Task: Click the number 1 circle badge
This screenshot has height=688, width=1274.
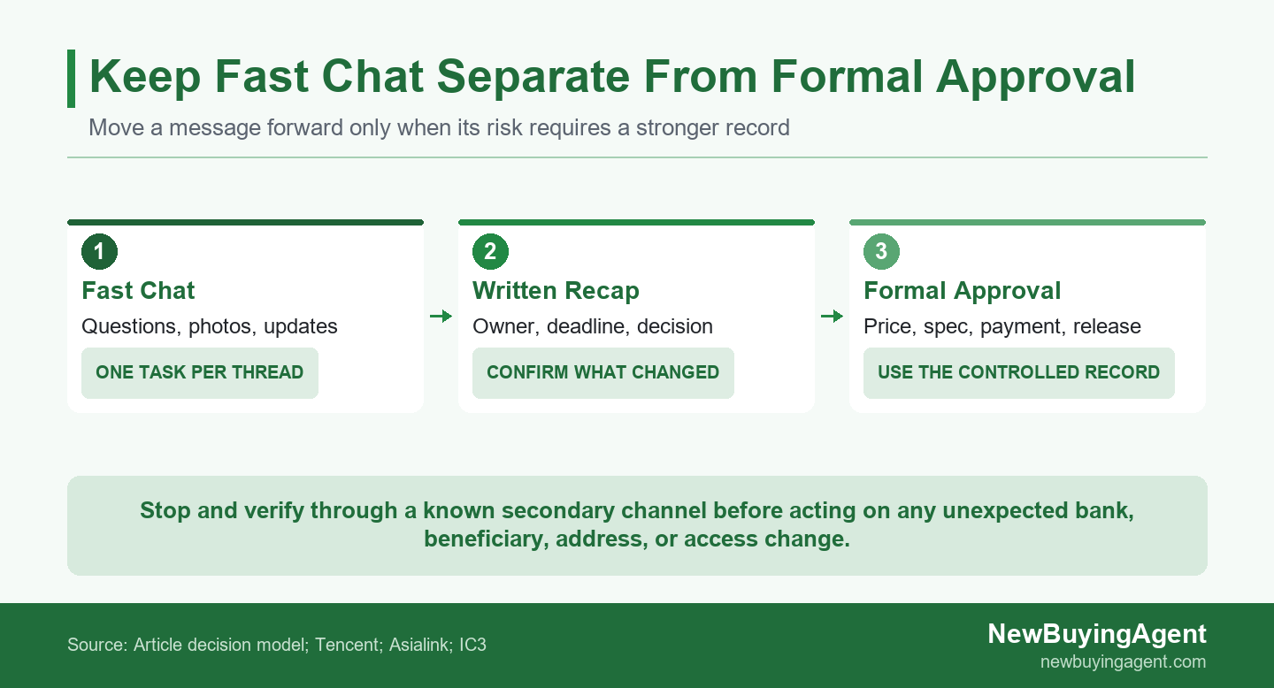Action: coord(99,251)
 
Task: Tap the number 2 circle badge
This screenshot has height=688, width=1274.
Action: coord(490,251)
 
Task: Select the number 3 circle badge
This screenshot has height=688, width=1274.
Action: coord(881,251)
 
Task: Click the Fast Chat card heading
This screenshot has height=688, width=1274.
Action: coord(138,291)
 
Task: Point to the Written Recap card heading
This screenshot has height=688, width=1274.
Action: coord(556,291)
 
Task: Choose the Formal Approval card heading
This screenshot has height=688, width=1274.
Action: coord(963,291)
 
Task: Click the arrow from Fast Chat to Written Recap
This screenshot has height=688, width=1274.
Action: coord(441,316)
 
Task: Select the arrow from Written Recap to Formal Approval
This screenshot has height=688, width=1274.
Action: coord(832,316)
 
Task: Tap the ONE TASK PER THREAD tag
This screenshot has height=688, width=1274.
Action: coord(200,372)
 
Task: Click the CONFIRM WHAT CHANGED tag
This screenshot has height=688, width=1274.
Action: coord(602,372)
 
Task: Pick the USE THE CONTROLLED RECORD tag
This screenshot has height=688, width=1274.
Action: coord(1018,372)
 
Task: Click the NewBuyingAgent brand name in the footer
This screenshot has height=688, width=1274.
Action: coord(1096,634)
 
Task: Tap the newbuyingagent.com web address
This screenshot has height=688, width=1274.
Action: coord(1124,661)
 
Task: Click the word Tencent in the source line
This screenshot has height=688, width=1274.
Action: coord(349,645)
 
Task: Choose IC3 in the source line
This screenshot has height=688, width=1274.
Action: coord(472,645)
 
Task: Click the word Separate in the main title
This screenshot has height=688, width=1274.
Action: coord(533,76)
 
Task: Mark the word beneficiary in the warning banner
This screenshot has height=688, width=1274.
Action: coord(487,539)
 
